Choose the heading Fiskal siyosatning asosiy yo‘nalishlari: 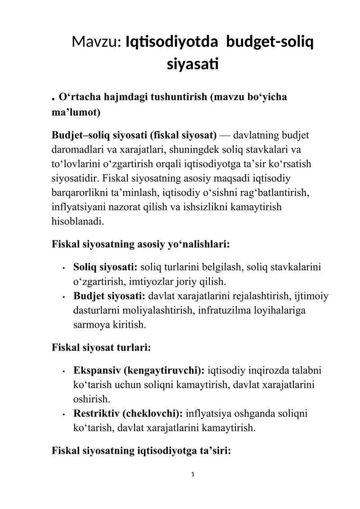coord(141,245)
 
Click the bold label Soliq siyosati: coord(105,268)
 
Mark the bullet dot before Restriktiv coord(66,413)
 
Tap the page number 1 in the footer coord(193,473)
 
